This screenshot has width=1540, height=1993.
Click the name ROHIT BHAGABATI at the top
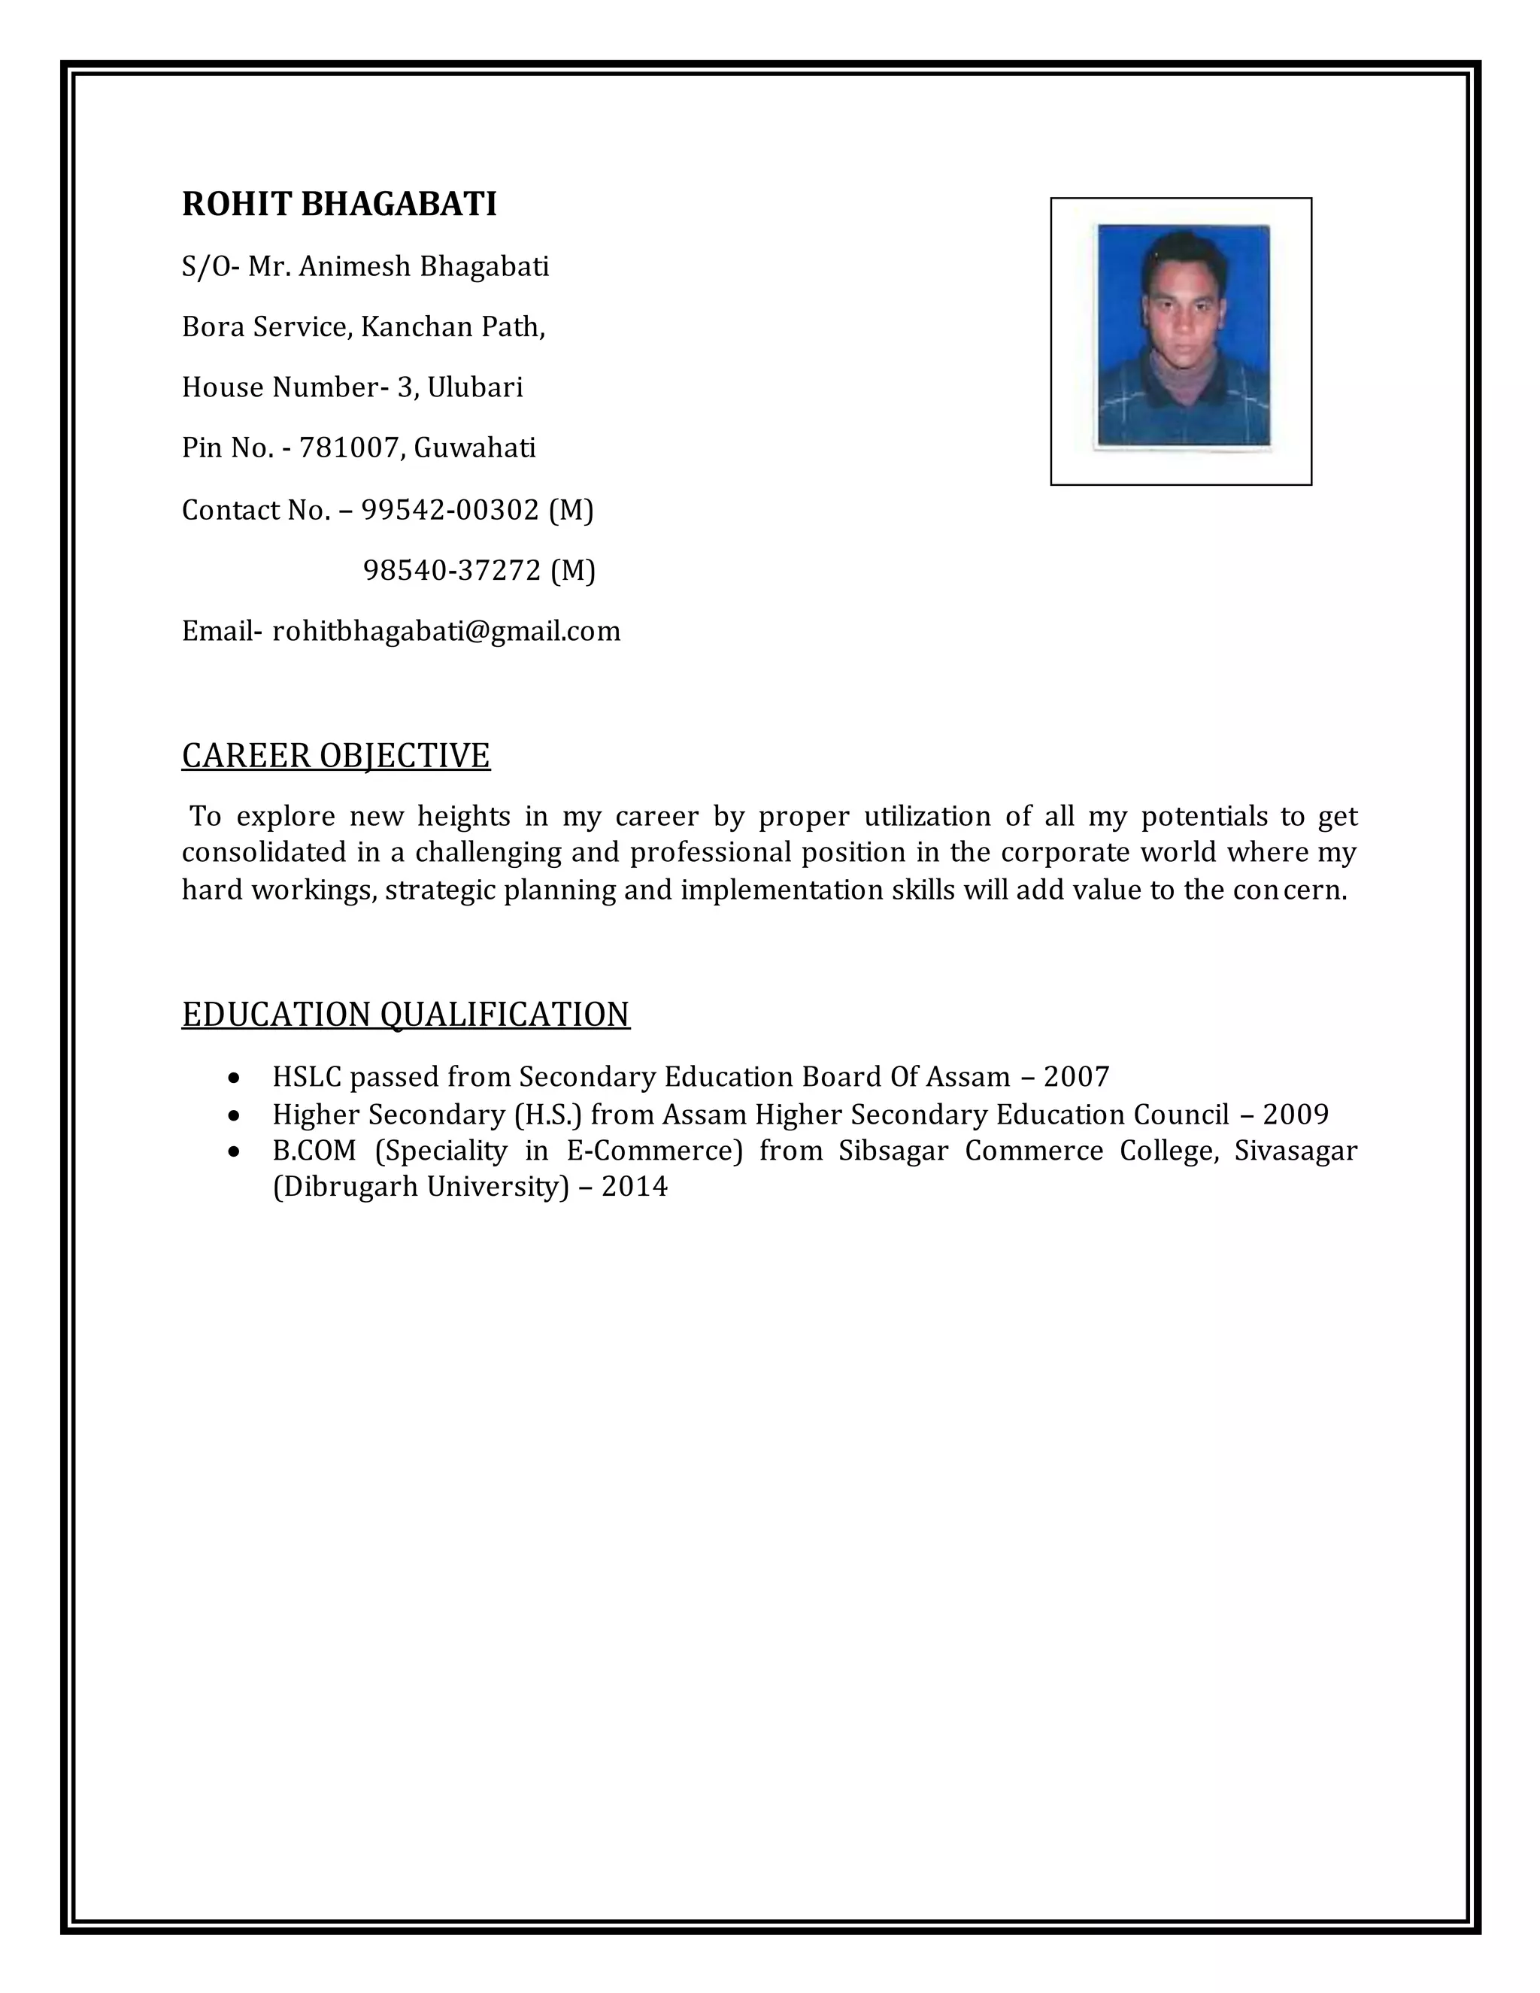click(339, 204)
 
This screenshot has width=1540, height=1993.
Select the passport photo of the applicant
click(1182, 336)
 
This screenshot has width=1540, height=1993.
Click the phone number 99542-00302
click(450, 509)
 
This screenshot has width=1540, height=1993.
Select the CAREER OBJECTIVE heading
click(335, 756)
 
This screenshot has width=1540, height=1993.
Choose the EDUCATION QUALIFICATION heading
click(406, 1014)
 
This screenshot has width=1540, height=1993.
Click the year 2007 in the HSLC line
click(1077, 1077)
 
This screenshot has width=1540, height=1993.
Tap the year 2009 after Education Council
click(1296, 1115)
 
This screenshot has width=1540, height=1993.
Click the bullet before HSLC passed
click(235, 1078)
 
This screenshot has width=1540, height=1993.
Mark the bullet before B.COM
click(235, 1152)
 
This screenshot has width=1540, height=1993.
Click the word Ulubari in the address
click(475, 388)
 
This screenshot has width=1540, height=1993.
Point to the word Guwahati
click(474, 448)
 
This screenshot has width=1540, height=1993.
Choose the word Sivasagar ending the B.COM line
click(1296, 1151)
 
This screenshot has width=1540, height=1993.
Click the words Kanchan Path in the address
click(453, 326)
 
